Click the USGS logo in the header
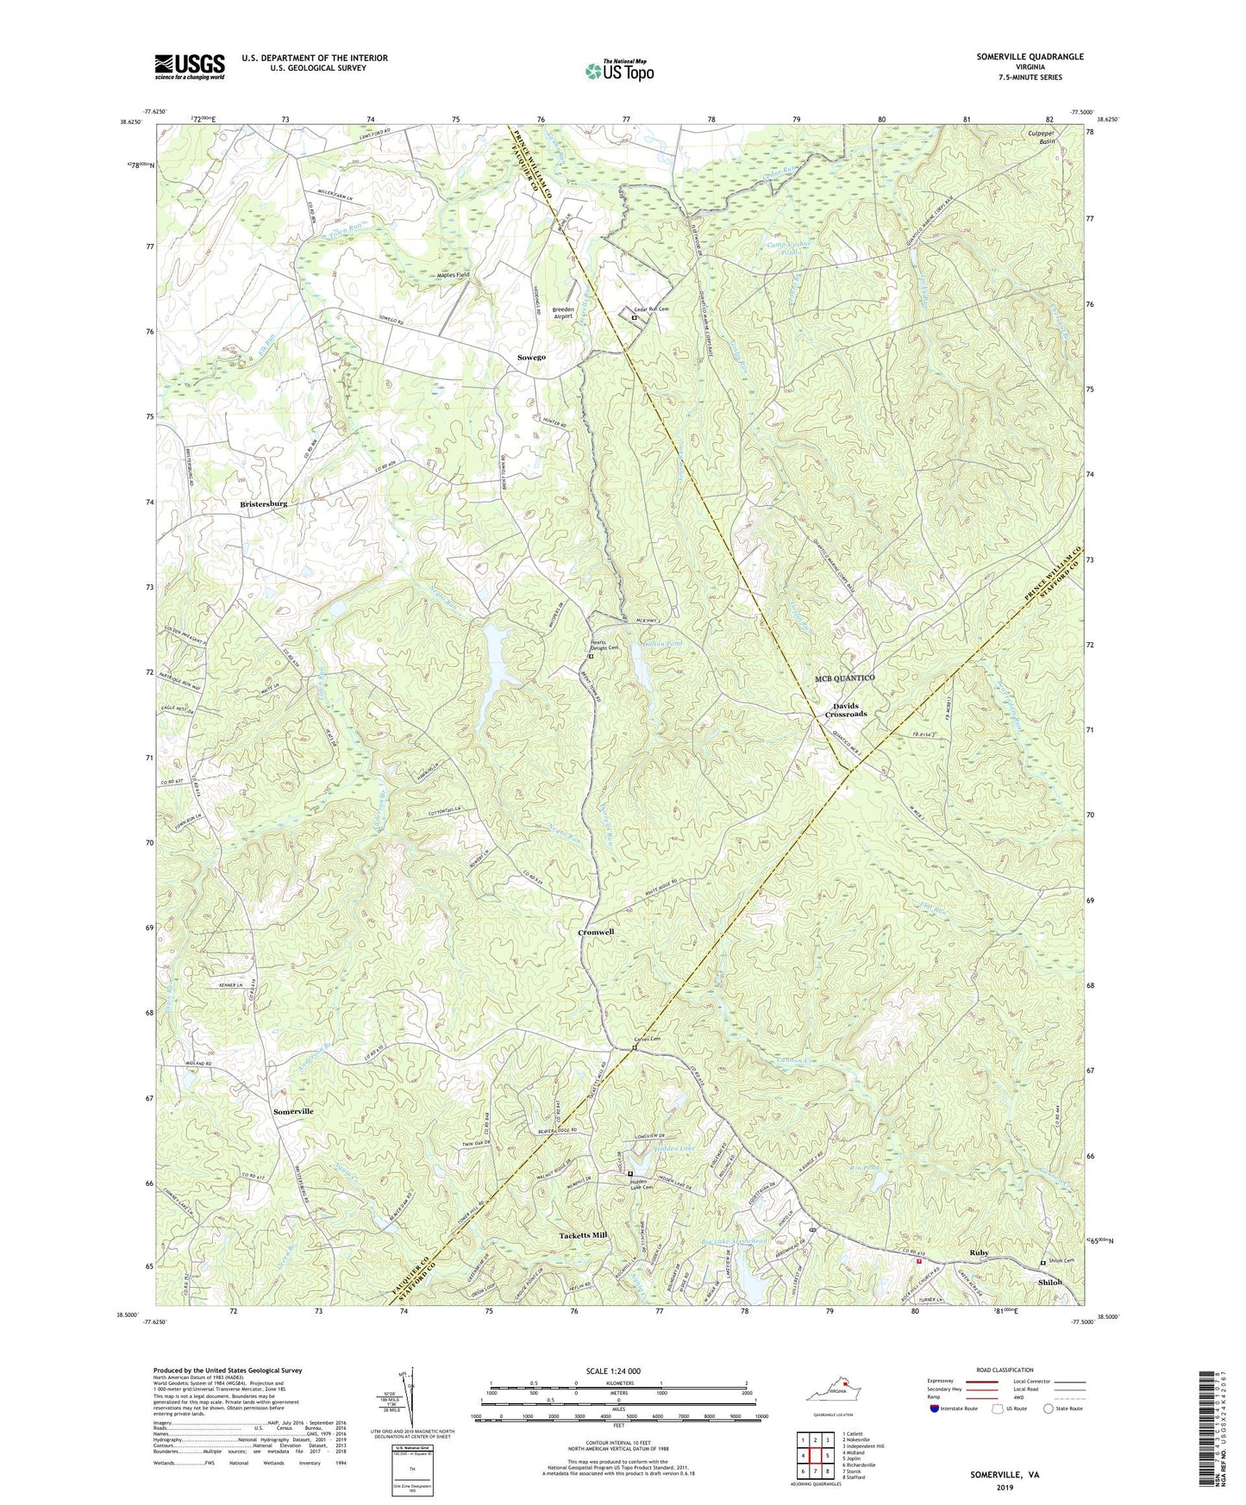click(190, 66)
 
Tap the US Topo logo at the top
click(618, 71)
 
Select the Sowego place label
click(531, 357)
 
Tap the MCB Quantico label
click(845, 678)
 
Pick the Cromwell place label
click(596, 933)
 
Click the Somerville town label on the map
click(293, 1112)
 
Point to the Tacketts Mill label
click(577, 1235)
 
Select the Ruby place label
click(979, 1252)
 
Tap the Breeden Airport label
click(563, 313)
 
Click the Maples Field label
click(453, 275)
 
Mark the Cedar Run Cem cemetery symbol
click(634, 317)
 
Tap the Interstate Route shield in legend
click(936, 1408)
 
